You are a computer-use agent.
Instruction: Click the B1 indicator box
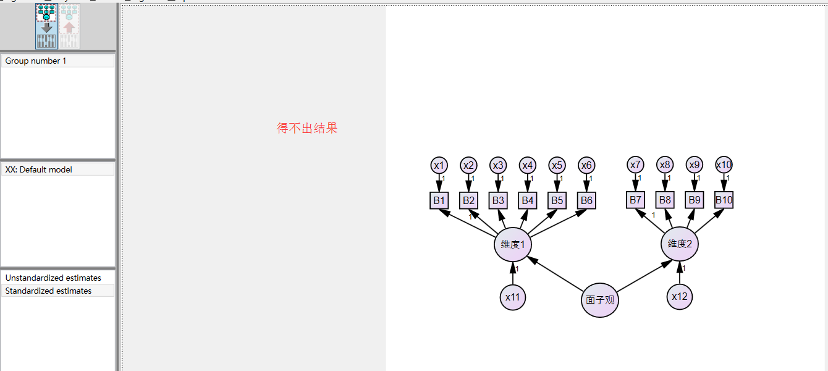[x=439, y=200]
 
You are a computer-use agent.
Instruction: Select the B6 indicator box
[x=586, y=200]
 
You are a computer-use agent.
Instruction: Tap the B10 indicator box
[x=724, y=200]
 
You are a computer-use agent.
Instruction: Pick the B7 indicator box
[x=635, y=200]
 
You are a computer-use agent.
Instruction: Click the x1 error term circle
[x=439, y=165]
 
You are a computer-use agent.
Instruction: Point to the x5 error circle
[x=557, y=165]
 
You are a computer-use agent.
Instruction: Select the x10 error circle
[x=724, y=164]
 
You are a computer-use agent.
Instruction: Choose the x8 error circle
[x=664, y=165]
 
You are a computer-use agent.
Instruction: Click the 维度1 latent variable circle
[x=513, y=244]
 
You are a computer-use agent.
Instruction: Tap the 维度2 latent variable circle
[x=680, y=244]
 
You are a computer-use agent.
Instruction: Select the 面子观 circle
[x=600, y=301]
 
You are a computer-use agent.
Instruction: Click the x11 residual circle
[x=513, y=297]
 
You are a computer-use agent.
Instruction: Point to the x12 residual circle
[x=680, y=297]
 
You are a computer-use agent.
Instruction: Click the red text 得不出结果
[x=307, y=129]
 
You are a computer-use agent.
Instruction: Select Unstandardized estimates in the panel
[x=53, y=278]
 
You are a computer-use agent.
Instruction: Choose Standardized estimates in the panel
[x=48, y=291]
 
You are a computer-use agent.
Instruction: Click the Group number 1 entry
[x=36, y=61]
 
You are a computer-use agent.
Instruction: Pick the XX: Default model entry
[x=39, y=169]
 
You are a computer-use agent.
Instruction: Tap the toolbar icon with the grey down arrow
[x=47, y=27]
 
